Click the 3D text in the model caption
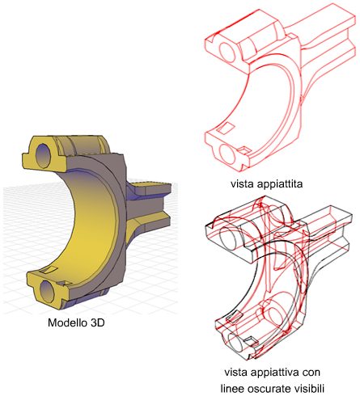(97, 322)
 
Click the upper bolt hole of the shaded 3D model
(43, 155)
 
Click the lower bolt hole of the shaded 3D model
(47, 292)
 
